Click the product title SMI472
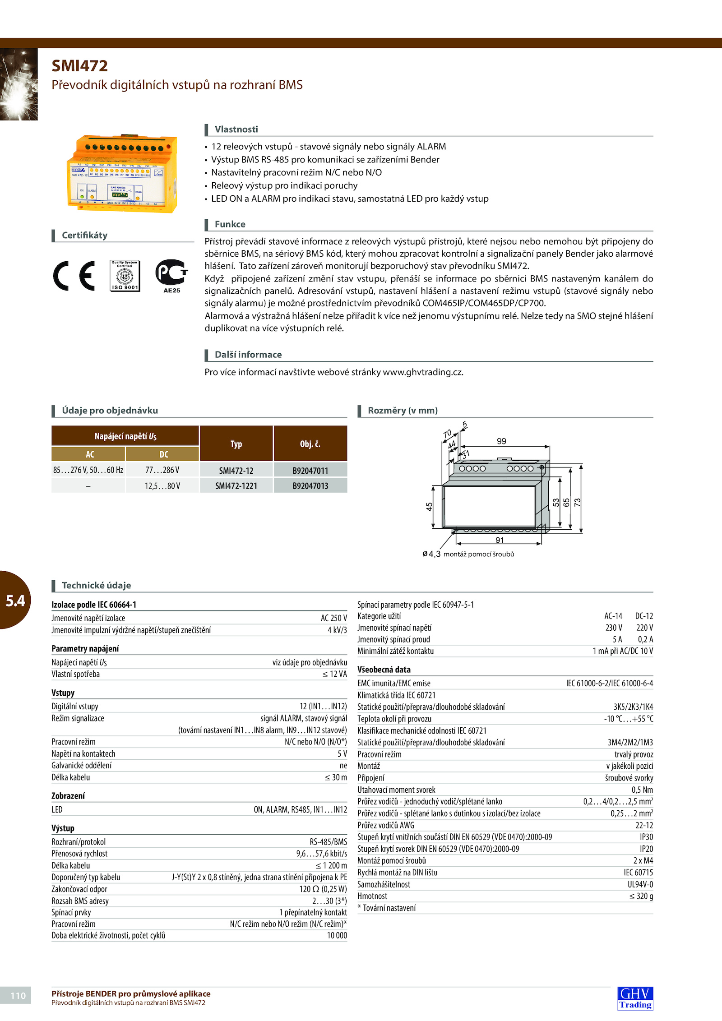79,66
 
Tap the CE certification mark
74,275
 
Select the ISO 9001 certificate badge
125,275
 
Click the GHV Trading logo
635,998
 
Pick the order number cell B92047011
310,471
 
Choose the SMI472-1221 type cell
236,486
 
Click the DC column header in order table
163,454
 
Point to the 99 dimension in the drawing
501,441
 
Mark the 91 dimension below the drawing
500,540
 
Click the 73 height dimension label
578,502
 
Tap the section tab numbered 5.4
15,601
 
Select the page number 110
18,995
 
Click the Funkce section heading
230,224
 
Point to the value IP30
646,837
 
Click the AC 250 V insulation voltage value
333,618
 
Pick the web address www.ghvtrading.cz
422,372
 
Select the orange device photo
123,174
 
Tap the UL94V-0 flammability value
640,884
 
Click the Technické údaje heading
96,585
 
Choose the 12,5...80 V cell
162,486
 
